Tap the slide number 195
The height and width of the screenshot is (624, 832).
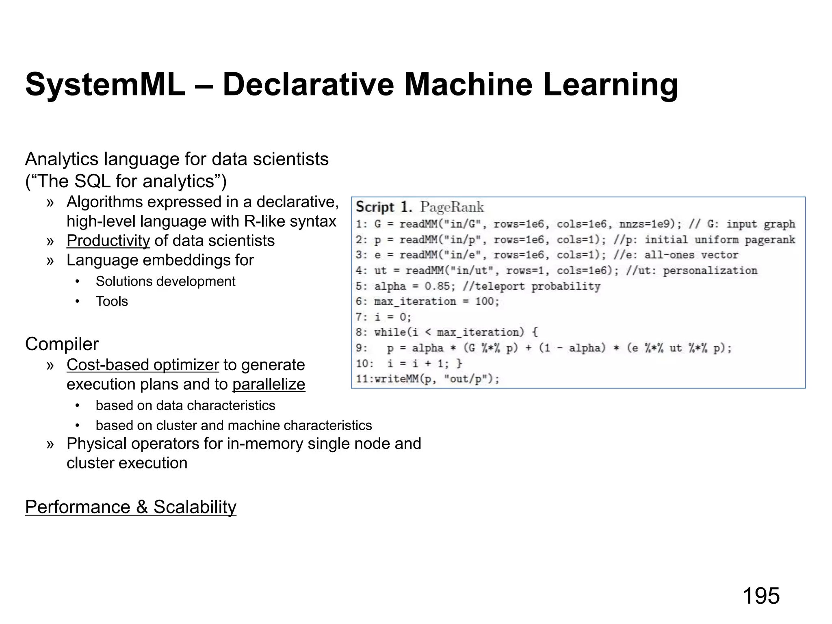tap(761, 596)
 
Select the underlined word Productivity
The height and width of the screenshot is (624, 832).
tap(108, 240)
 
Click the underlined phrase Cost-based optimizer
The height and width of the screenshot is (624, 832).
tap(143, 365)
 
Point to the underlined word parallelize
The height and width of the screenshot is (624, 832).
tap(269, 384)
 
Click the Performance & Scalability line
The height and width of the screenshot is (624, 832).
tap(130, 507)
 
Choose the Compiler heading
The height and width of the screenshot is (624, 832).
tap(62, 344)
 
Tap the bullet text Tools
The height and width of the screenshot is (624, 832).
tap(112, 301)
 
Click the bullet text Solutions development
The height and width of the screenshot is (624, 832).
tap(165, 281)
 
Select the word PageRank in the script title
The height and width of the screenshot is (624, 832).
tap(452, 207)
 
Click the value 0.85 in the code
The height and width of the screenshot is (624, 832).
tap(437, 286)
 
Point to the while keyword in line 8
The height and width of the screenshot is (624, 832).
tap(390, 332)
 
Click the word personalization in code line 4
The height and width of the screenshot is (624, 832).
tap(710, 271)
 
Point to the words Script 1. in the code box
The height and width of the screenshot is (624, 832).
tap(384, 207)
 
